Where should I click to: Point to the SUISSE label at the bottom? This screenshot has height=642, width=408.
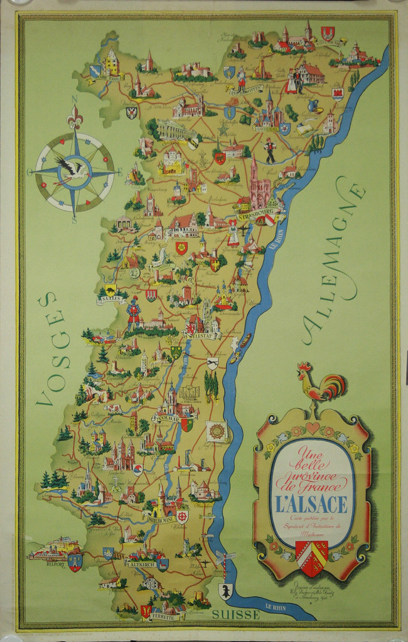click(235, 615)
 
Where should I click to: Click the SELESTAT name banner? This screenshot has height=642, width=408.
click(201, 336)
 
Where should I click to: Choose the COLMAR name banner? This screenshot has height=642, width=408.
click(166, 418)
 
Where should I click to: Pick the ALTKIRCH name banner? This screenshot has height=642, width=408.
click(141, 564)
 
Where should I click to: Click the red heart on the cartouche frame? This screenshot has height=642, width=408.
click(313, 428)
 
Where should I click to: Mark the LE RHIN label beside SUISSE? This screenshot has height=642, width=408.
click(277, 606)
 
